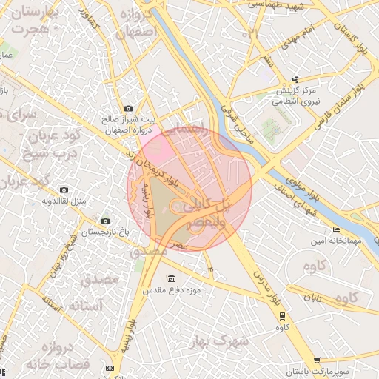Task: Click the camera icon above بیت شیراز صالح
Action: tap(129, 108)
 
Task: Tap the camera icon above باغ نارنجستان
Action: tap(104, 221)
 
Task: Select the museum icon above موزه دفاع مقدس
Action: tap(172, 278)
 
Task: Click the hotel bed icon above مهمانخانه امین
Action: tap(337, 230)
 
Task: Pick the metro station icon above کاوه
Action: tap(281, 315)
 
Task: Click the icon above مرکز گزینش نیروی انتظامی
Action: tap(296, 79)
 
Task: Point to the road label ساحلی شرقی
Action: tap(236, 122)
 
